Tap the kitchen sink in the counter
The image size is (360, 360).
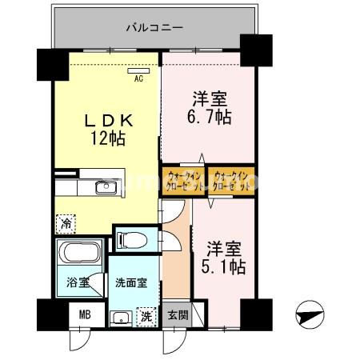(x=105, y=188)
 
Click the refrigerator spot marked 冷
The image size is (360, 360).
(x=63, y=222)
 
